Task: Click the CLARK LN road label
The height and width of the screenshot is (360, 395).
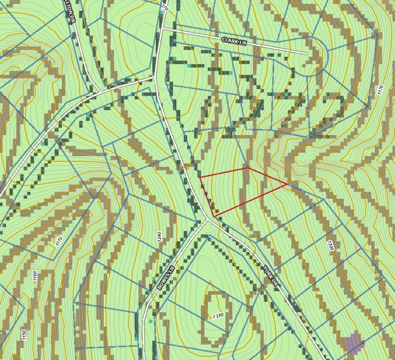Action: coord(234,42)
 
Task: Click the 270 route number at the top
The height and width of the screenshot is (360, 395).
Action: coord(164,7)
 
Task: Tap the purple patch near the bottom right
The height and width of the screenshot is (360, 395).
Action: coord(353,342)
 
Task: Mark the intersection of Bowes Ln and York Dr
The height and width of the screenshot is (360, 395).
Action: coord(208,219)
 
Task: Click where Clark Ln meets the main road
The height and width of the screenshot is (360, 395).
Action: coord(162,29)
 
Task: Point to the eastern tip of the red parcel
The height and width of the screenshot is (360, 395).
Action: coord(288,184)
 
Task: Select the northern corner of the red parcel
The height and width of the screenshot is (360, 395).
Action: coord(248,167)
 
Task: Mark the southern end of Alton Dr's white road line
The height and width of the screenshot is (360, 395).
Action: coord(101,90)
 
